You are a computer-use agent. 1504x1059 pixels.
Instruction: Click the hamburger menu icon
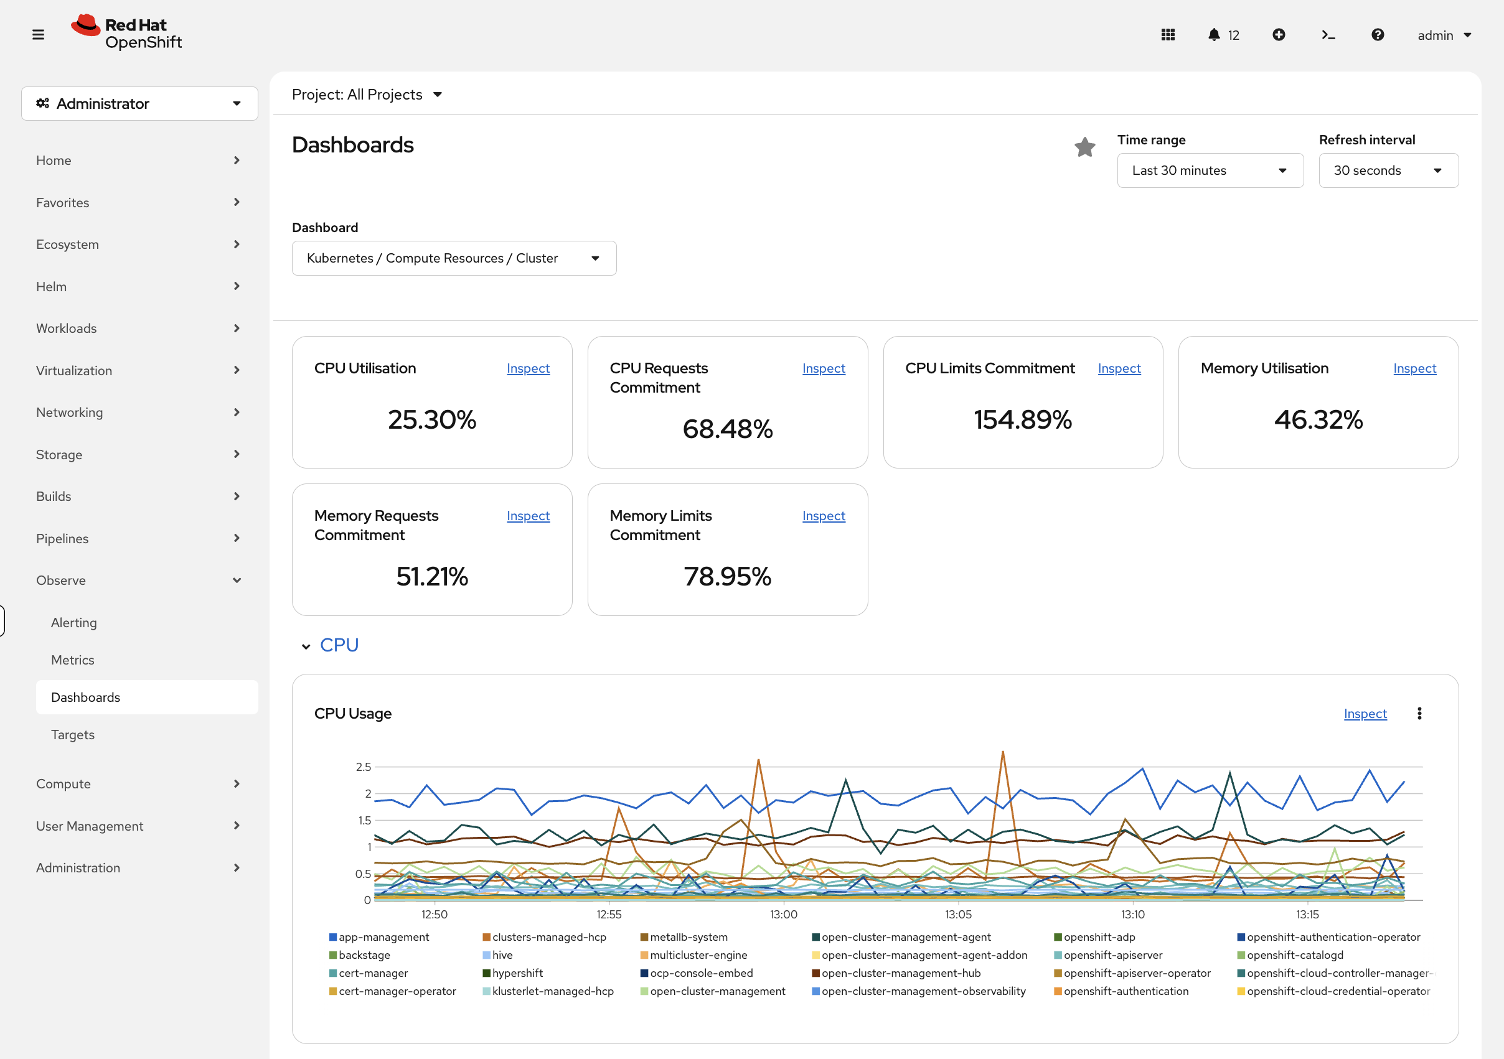(x=38, y=35)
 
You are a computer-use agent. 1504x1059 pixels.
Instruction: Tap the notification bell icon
(x=1213, y=35)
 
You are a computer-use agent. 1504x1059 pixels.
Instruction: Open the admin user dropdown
(x=1444, y=35)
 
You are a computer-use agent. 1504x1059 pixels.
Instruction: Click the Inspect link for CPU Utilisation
(x=528, y=368)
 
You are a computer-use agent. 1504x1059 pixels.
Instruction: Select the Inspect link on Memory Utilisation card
(x=1414, y=368)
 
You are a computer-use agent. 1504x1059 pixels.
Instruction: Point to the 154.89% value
(x=1022, y=420)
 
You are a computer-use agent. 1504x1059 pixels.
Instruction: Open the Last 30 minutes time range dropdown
(x=1209, y=170)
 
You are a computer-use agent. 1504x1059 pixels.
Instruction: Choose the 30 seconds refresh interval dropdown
(x=1388, y=170)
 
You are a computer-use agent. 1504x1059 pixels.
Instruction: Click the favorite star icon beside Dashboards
(x=1085, y=147)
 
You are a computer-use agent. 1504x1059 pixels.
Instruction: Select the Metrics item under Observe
(x=73, y=660)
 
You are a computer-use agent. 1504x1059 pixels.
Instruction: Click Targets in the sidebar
(x=73, y=735)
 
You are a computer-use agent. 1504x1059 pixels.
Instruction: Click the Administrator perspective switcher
(x=139, y=103)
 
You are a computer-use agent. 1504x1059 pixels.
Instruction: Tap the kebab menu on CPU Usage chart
(x=1419, y=713)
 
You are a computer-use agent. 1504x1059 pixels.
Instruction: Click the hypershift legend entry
(x=517, y=973)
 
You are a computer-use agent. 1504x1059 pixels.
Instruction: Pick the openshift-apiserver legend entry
(x=1112, y=955)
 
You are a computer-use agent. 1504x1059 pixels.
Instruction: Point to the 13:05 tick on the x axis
(x=957, y=914)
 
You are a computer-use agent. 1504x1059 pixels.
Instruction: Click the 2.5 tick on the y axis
(x=363, y=767)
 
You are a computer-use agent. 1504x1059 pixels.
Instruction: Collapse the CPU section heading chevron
(x=306, y=646)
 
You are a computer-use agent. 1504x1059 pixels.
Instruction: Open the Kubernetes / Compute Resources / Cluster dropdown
(x=453, y=258)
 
